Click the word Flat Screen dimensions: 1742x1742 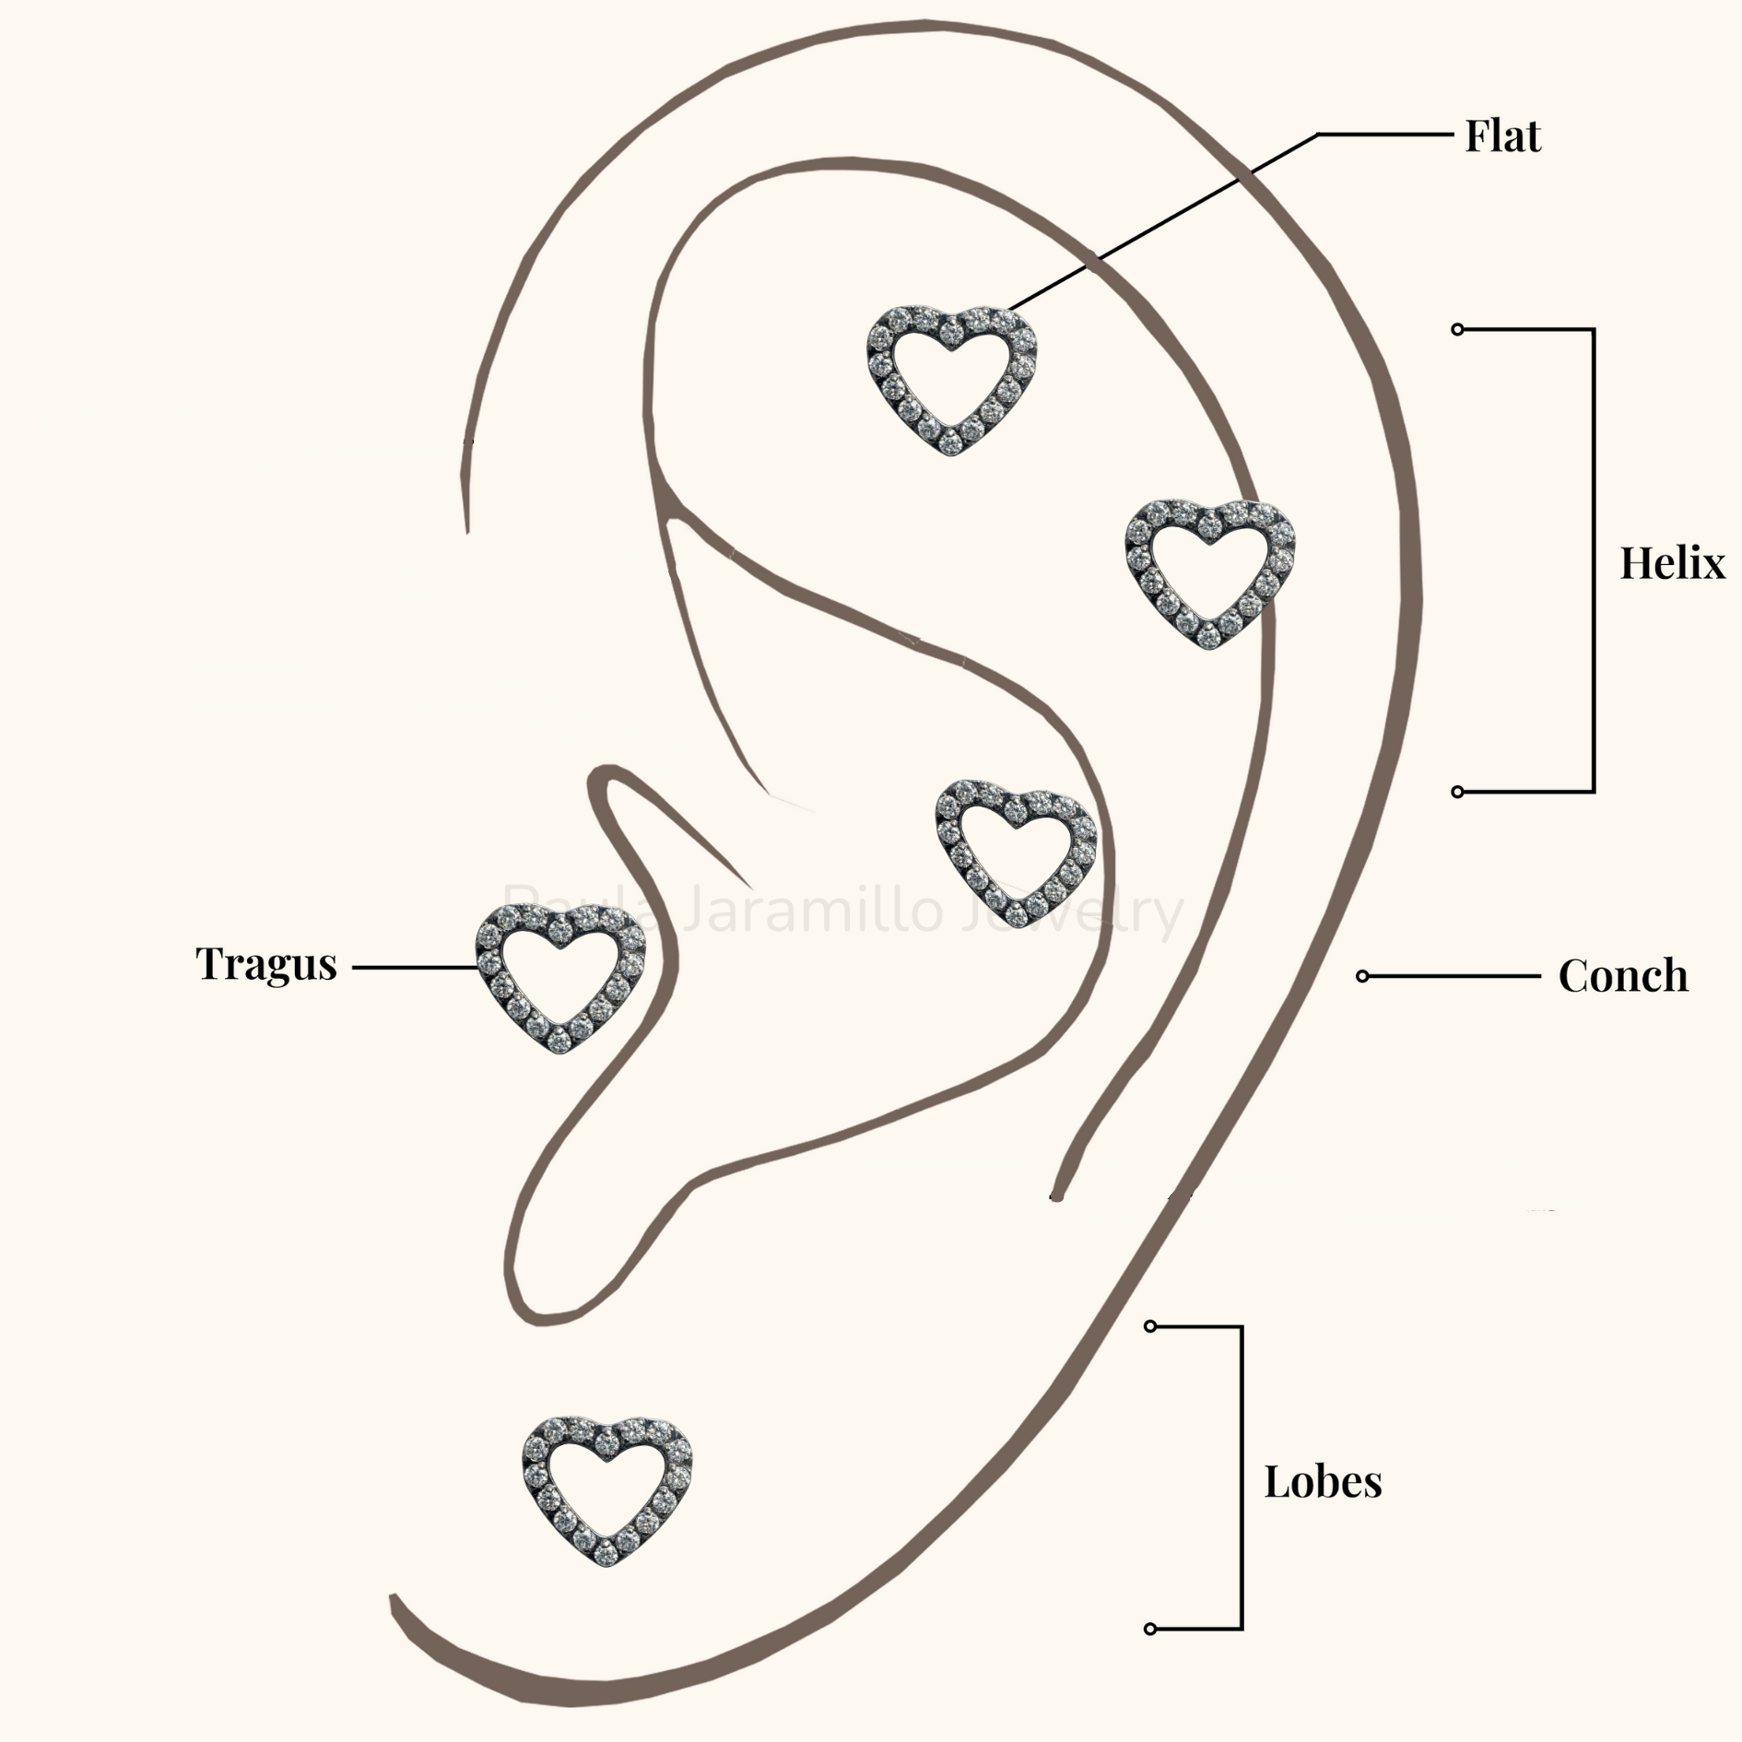[x=1502, y=136]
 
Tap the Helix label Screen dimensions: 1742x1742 [x=1672, y=563]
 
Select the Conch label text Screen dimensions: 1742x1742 [x=1623, y=976]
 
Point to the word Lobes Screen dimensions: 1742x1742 [x=1323, y=1482]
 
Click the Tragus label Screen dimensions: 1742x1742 [x=266, y=965]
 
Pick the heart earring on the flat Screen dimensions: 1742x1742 [x=952, y=380]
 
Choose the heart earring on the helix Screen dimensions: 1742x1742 [x=1209, y=573]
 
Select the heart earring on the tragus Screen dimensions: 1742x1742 [x=560, y=977]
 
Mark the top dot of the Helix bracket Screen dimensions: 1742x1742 [x=1457, y=329]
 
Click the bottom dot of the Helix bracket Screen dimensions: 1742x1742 [x=1457, y=792]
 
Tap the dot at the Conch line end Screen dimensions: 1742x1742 [x=1362, y=976]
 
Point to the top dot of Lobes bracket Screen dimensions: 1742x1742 [x=1149, y=1326]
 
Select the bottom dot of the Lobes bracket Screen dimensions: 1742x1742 [x=1149, y=1629]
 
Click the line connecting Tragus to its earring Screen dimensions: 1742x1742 [x=415, y=968]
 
